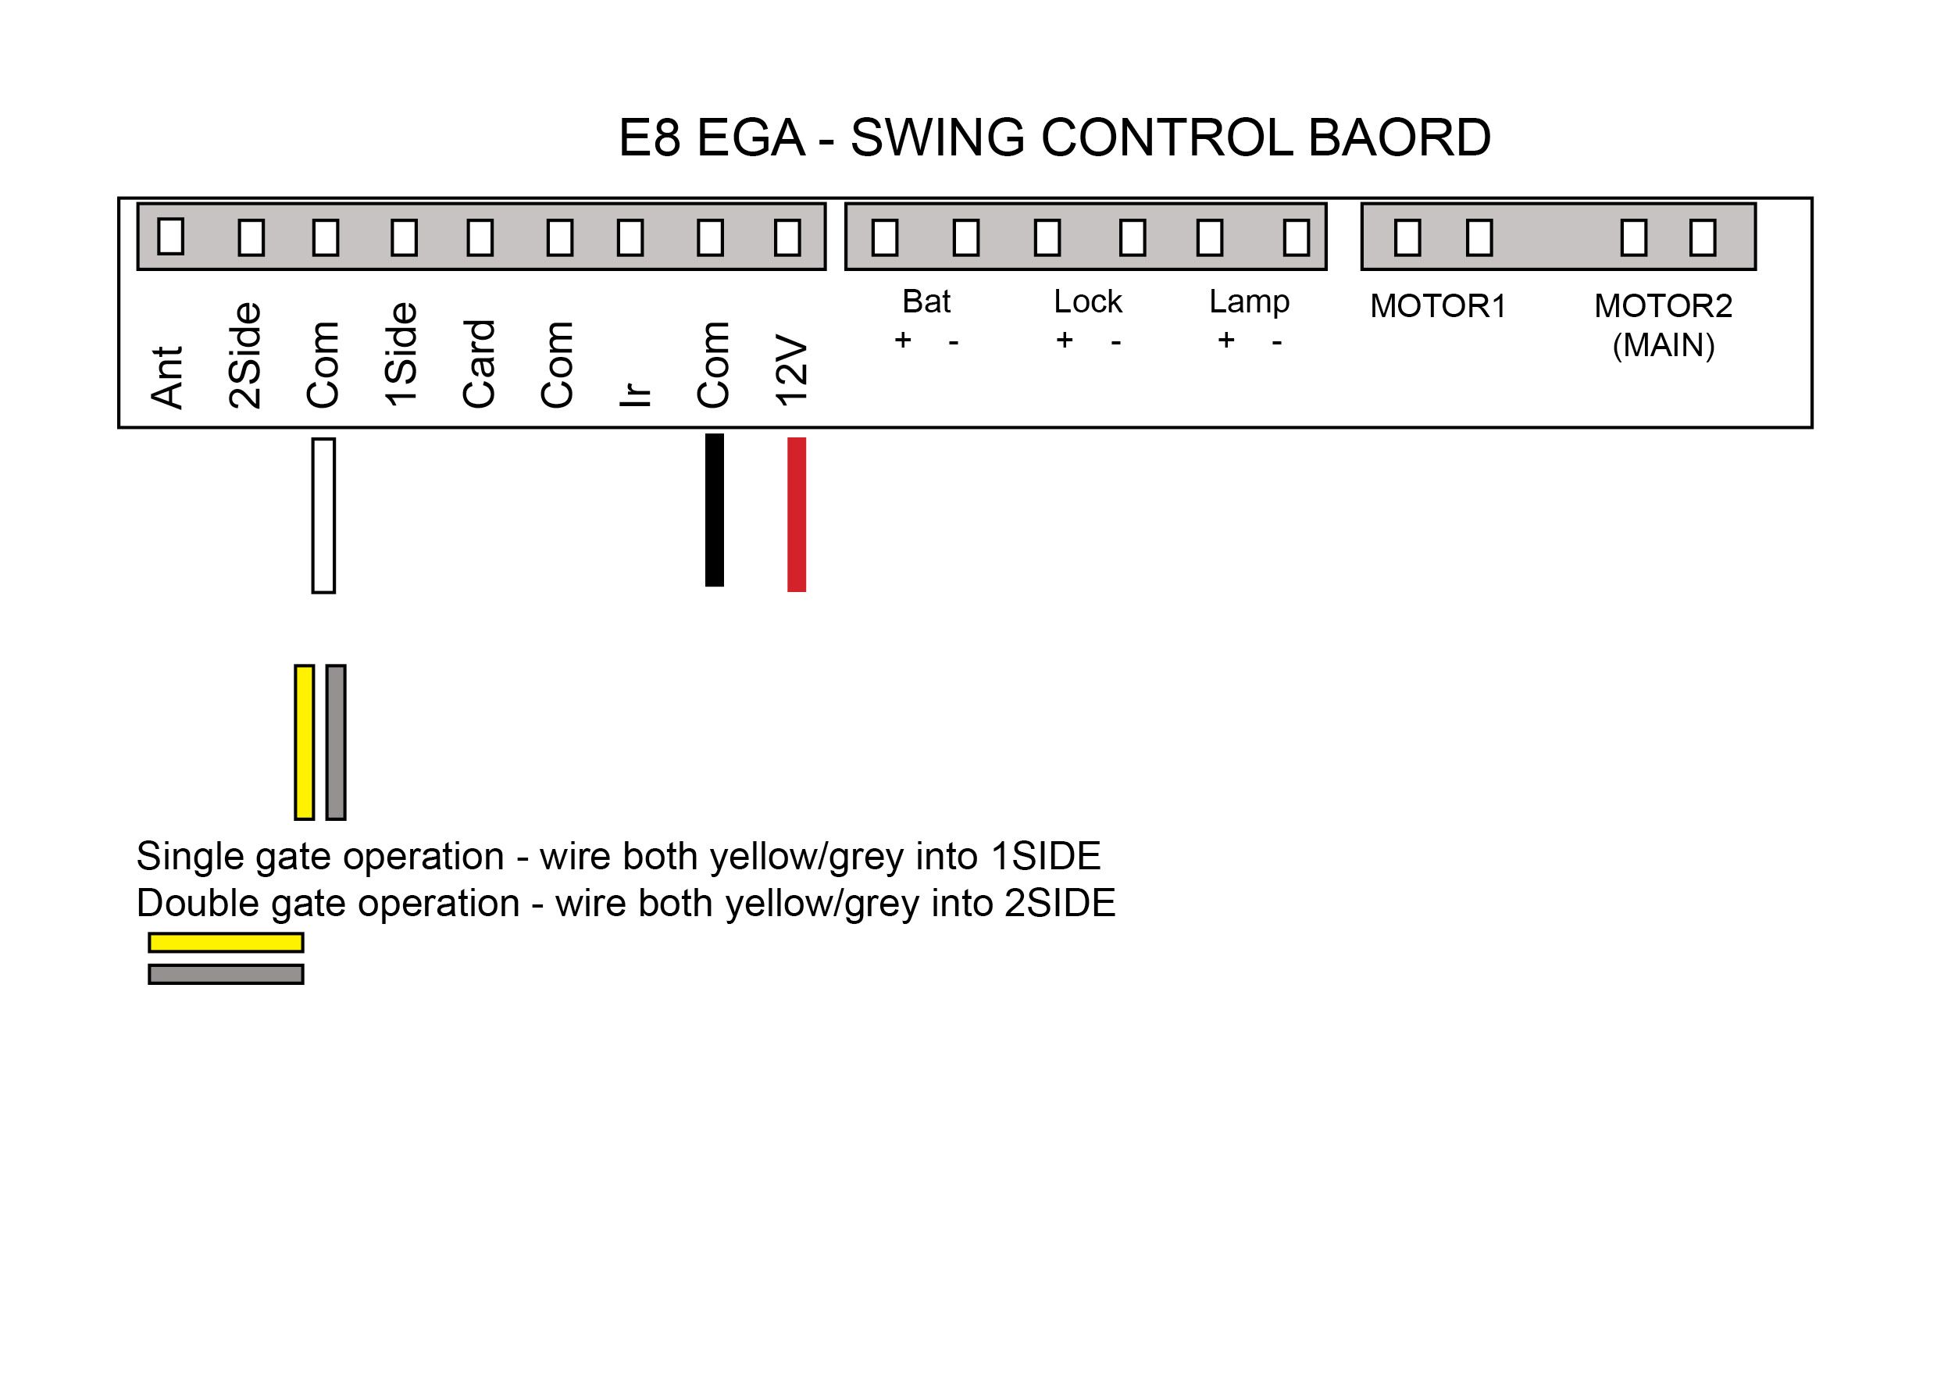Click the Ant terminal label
[x=167, y=376]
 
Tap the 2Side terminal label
[x=245, y=355]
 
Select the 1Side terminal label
[x=401, y=355]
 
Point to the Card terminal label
[x=479, y=364]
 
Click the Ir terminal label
[x=635, y=394]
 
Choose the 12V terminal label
[x=791, y=372]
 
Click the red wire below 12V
[x=797, y=514]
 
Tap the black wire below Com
[x=715, y=509]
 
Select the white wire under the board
[x=324, y=515]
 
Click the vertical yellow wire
[x=305, y=742]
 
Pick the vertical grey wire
[x=336, y=742]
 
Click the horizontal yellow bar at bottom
[x=226, y=943]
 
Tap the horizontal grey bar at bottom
[x=226, y=974]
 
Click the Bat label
[x=926, y=301]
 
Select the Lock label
[x=1088, y=301]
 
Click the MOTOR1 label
[x=1439, y=306]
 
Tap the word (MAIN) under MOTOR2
[x=1664, y=345]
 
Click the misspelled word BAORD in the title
[x=1400, y=137]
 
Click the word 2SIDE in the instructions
[x=1060, y=904]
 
